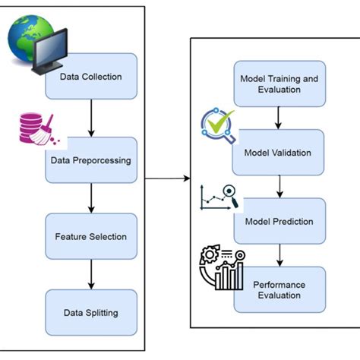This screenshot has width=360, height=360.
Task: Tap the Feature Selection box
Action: [x=91, y=236]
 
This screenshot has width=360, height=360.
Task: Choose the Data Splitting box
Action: [x=91, y=311]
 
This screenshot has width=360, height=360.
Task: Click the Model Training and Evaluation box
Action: [x=279, y=83]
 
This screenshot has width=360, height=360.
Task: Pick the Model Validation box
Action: [x=279, y=152]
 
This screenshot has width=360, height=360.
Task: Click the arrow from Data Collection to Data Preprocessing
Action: [x=91, y=118]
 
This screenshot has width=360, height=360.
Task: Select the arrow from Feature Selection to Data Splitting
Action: [x=91, y=273]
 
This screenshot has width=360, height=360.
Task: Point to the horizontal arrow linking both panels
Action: [x=167, y=179]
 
